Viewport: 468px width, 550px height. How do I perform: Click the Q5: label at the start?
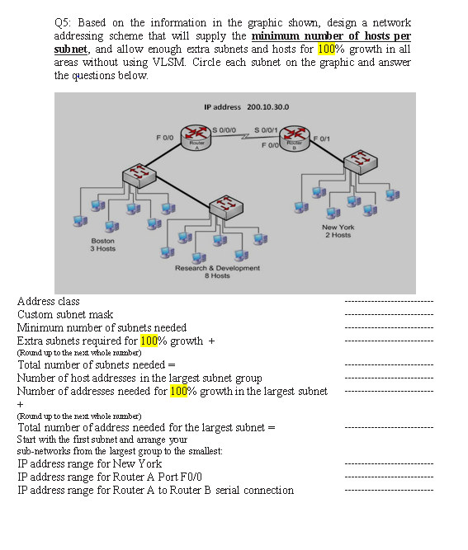[63, 22]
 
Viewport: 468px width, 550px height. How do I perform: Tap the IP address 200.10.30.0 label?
[245, 107]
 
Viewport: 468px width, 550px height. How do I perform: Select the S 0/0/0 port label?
[225, 128]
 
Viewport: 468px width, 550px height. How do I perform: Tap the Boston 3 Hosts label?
[102, 244]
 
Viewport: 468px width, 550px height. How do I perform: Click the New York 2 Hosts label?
[338, 231]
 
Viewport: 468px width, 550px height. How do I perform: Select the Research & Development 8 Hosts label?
[217, 271]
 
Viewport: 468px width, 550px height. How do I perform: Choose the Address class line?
[49, 302]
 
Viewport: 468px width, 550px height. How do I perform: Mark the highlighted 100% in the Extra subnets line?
[150, 340]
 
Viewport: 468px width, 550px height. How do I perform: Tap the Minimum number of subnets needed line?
[102, 327]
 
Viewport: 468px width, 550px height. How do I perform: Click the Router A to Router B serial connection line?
[155, 490]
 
